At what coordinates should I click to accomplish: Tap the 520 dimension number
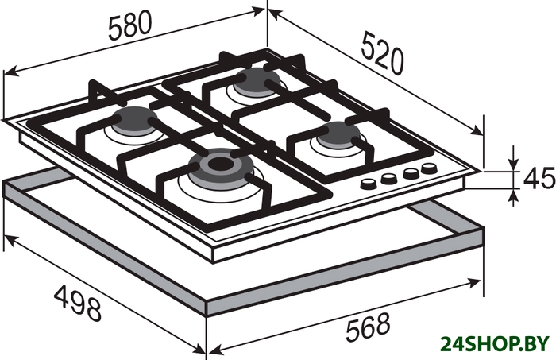click(383, 52)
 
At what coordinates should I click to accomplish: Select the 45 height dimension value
click(539, 178)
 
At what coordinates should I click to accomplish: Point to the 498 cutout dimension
click(78, 303)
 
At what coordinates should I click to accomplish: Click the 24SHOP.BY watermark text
click(495, 344)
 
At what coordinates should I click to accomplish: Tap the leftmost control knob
click(369, 184)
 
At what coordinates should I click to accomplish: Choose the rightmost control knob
click(429, 168)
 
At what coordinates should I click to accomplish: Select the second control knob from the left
click(388, 178)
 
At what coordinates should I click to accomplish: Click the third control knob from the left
click(411, 172)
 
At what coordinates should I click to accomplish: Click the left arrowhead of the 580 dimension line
click(10, 72)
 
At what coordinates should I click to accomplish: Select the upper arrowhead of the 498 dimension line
click(9, 241)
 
